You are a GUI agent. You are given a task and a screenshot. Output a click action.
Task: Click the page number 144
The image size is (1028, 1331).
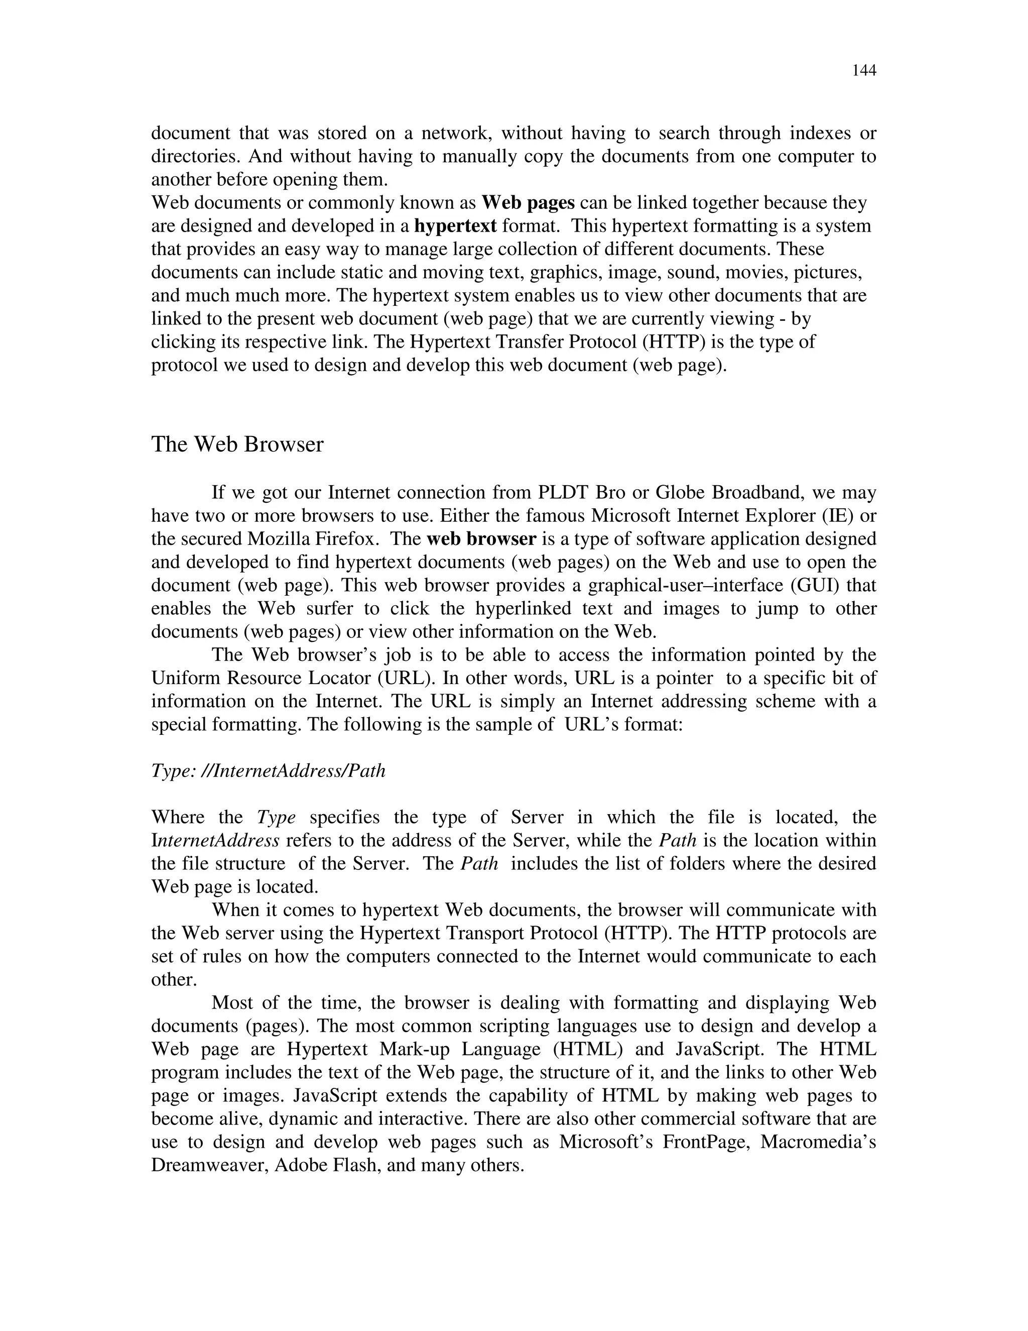[x=863, y=71]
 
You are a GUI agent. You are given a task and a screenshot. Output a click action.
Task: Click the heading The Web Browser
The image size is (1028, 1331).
[x=237, y=445]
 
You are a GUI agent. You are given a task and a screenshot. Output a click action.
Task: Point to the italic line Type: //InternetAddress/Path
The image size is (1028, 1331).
[x=268, y=771]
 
